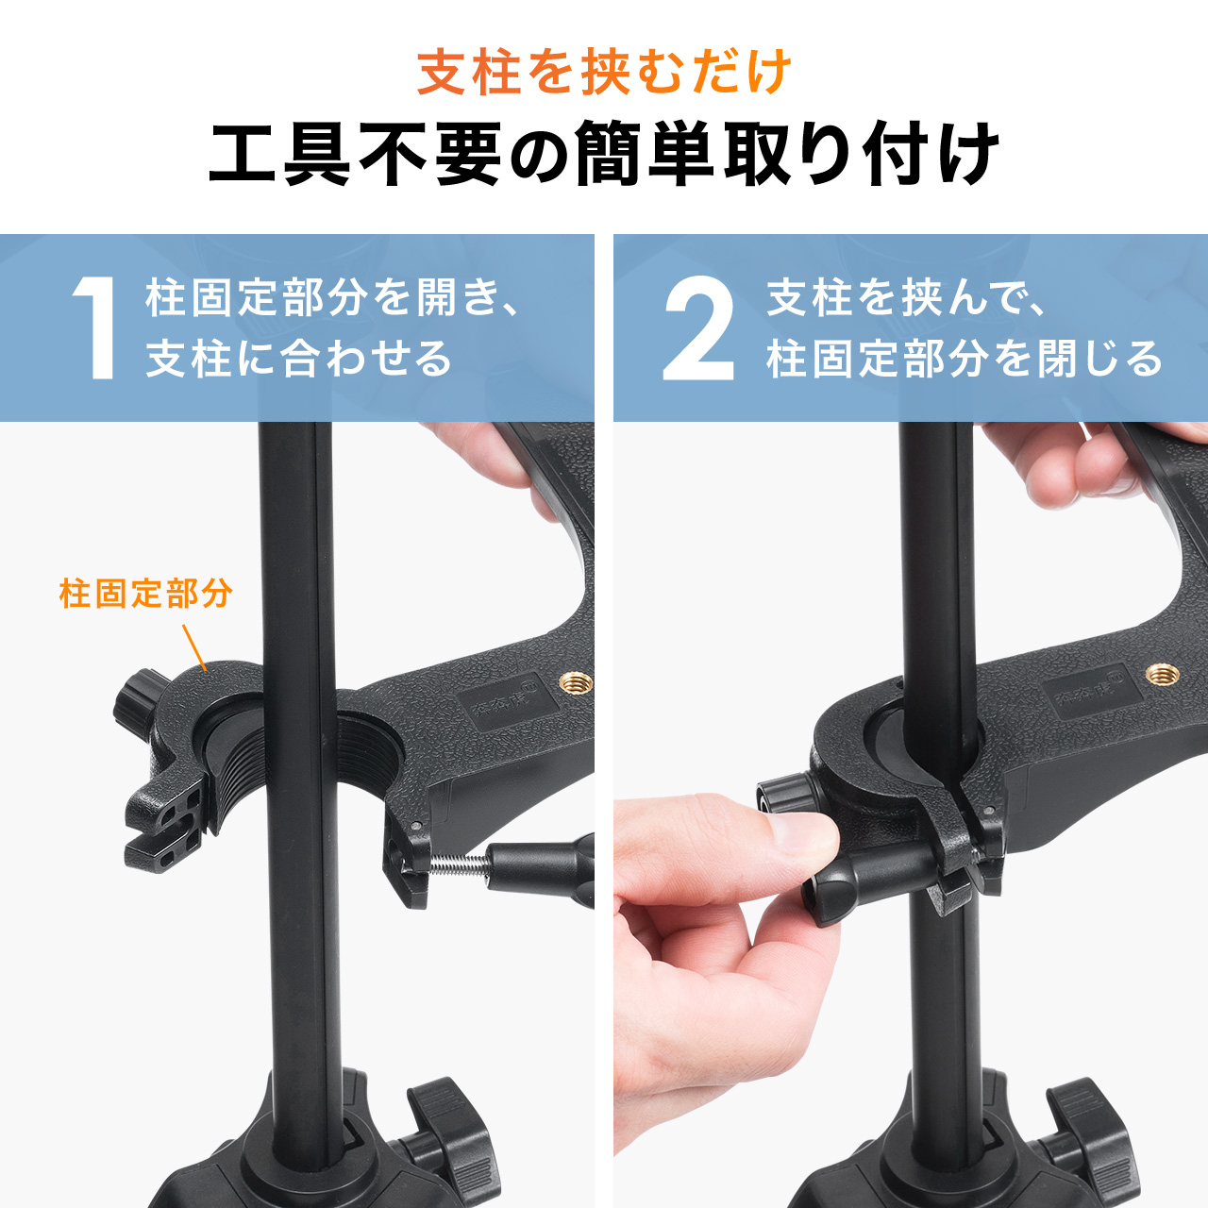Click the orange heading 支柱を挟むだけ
(x=604, y=72)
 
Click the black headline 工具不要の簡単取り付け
(x=604, y=154)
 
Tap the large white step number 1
(x=96, y=328)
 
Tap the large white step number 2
(x=698, y=328)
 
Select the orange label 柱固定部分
(x=145, y=594)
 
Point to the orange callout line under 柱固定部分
(x=193, y=647)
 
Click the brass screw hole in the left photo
(x=575, y=682)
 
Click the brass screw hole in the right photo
(x=1162, y=674)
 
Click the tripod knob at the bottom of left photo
(x=453, y=1132)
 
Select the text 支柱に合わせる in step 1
(x=299, y=359)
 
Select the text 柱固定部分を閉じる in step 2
(x=965, y=359)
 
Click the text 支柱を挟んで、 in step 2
(x=906, y=298)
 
